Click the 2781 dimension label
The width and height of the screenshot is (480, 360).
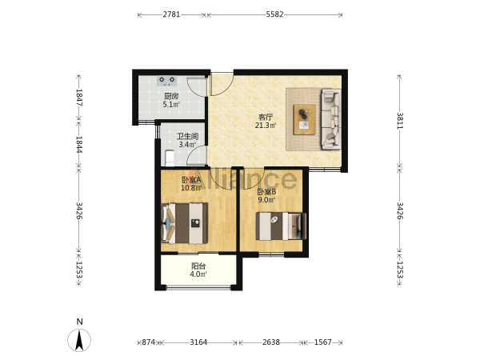click(171, 14)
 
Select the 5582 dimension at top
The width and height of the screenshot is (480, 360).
click(274, 14)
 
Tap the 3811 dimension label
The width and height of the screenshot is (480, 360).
click(400, 121)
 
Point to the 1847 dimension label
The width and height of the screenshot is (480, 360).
click(79, 98)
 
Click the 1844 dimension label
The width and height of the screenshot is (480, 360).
click(79, 145)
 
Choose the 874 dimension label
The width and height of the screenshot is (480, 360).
click(149, 342)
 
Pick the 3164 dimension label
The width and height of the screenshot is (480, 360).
click(198, 342)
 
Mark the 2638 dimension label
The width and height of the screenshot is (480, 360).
click(271, 342)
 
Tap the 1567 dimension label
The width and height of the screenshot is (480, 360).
click(323, 342)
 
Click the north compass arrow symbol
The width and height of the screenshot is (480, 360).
click(79, 340)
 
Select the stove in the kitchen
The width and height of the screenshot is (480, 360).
click(167, 81)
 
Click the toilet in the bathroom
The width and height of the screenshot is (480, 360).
click(170, 158)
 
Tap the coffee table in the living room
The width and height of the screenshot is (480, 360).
click(304, 120)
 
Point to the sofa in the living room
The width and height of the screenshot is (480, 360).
click(330, 119)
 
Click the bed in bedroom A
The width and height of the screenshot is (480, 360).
click(184, 223)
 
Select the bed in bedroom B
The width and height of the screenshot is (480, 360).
click(281, 226)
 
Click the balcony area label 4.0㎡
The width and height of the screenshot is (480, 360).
click(198, 274)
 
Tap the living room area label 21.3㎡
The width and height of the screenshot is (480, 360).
click(266, 126)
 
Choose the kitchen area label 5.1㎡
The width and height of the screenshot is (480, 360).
click(171, 104)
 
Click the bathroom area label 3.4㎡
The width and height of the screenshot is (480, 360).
click(187, 145)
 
